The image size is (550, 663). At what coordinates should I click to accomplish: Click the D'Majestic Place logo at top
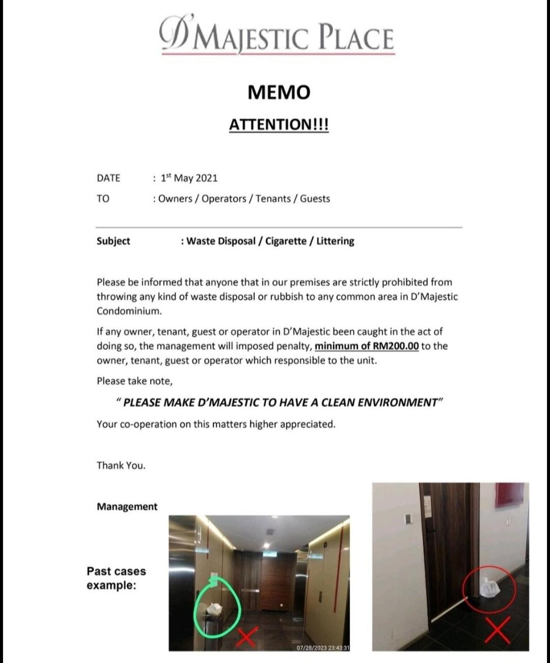pyautogui.click(x=278, y=36)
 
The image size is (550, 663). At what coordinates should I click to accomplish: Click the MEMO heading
pyautogui.click(x=279, y=92)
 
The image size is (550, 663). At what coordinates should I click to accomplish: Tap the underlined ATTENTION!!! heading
pyautogui.click(x=279, y=124)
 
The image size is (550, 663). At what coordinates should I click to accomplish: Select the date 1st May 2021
pyautogui.click(x=189, y=178)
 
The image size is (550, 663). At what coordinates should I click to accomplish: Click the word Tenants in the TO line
pyautogui.click(x=273, y=199)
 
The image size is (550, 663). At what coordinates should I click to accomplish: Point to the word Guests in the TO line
pyautogui.click(x=315, y=199)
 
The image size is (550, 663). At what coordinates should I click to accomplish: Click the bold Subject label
pyautogui.click(x=113, y=241)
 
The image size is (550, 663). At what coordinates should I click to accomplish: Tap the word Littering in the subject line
pyautogui.click(x=335, y=241)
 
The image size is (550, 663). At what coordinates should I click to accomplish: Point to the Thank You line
pyautogui.click(x=121, y=465)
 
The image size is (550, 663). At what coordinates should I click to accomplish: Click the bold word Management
pyautogui.click(x=127, y=507)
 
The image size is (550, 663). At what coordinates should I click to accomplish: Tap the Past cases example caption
pyautogui.click(x=116, y=578)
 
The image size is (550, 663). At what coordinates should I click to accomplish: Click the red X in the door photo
pyautogui.click(x=498, y=630)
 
